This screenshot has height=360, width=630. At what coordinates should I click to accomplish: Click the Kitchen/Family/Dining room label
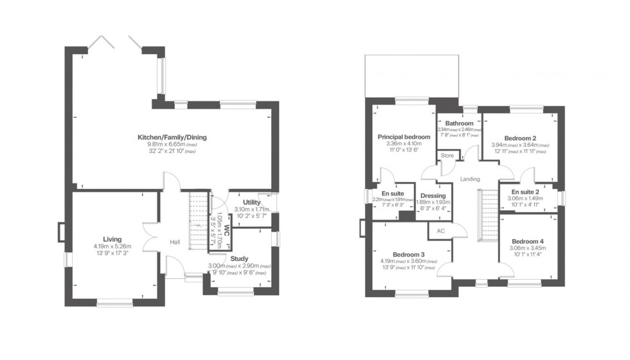pyautogui.click(x=172, y=137)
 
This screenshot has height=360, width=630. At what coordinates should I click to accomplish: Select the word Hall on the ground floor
pyautogui.click(x=175, y=242)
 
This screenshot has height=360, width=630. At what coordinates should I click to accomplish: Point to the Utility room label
pyautogui.click(x=251, y=203)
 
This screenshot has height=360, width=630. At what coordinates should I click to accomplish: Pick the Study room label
pyautogui.click(x=239, y=258)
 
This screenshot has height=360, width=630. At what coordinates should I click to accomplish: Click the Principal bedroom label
pyautogui.click(x=404, y=136)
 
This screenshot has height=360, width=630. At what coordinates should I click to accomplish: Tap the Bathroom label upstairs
pyautogui.click(x=460, y=123)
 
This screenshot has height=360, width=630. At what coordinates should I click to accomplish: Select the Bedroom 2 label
pyautogui.click(x=520, y=138)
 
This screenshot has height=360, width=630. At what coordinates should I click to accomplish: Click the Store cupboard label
pyautogui.click(x=446, y=155)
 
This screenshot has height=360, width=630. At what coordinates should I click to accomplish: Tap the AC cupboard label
pyautogui.click(x=440, y=230)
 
